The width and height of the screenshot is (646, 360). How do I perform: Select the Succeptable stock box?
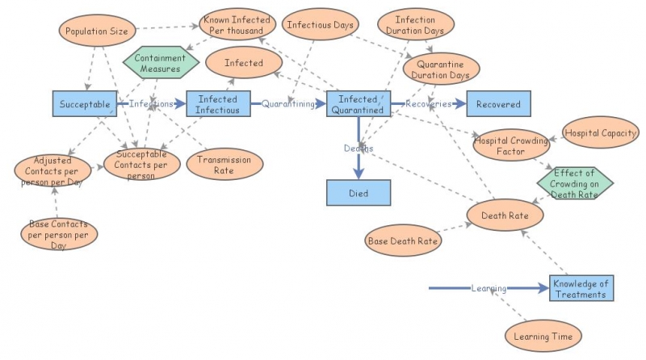[85, 104]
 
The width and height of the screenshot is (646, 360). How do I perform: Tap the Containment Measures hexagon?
[160, 64]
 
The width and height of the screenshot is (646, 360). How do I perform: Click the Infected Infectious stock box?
[218, 104]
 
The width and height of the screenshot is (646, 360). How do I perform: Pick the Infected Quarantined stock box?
[358, 104]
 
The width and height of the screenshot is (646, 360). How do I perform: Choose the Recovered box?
[498, 104]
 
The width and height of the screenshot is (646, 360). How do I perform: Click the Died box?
[358, 193]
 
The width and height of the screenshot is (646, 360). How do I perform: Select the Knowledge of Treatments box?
[581, 288]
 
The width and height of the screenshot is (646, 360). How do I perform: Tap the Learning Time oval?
[543, 334]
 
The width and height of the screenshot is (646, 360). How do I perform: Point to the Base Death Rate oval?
[403, 241]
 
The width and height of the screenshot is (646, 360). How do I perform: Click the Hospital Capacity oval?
[600, 132]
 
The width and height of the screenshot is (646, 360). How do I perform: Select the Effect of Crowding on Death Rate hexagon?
[575, 182]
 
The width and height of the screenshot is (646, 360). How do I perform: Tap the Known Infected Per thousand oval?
[237, 25]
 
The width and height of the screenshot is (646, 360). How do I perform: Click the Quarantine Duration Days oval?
[442, 69]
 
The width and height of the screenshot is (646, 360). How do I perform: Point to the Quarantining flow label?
[288, 104]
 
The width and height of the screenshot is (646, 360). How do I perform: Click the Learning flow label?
[489, 288]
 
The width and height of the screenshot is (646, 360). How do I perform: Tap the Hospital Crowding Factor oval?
[510, 145]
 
